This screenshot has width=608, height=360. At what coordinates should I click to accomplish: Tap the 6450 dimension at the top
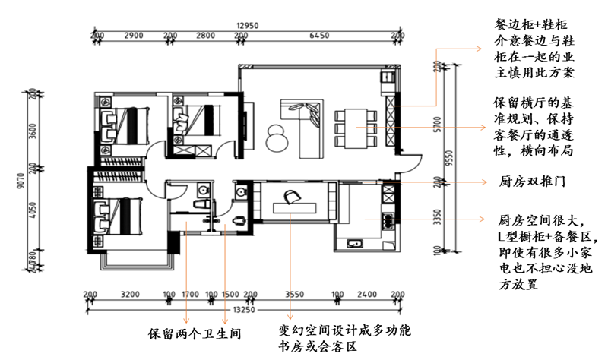point(320,36)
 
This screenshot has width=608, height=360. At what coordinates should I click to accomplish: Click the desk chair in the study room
point(291,197)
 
